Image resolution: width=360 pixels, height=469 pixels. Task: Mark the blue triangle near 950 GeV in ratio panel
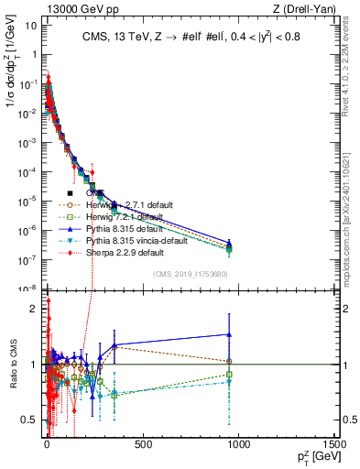(x=229, y=334)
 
